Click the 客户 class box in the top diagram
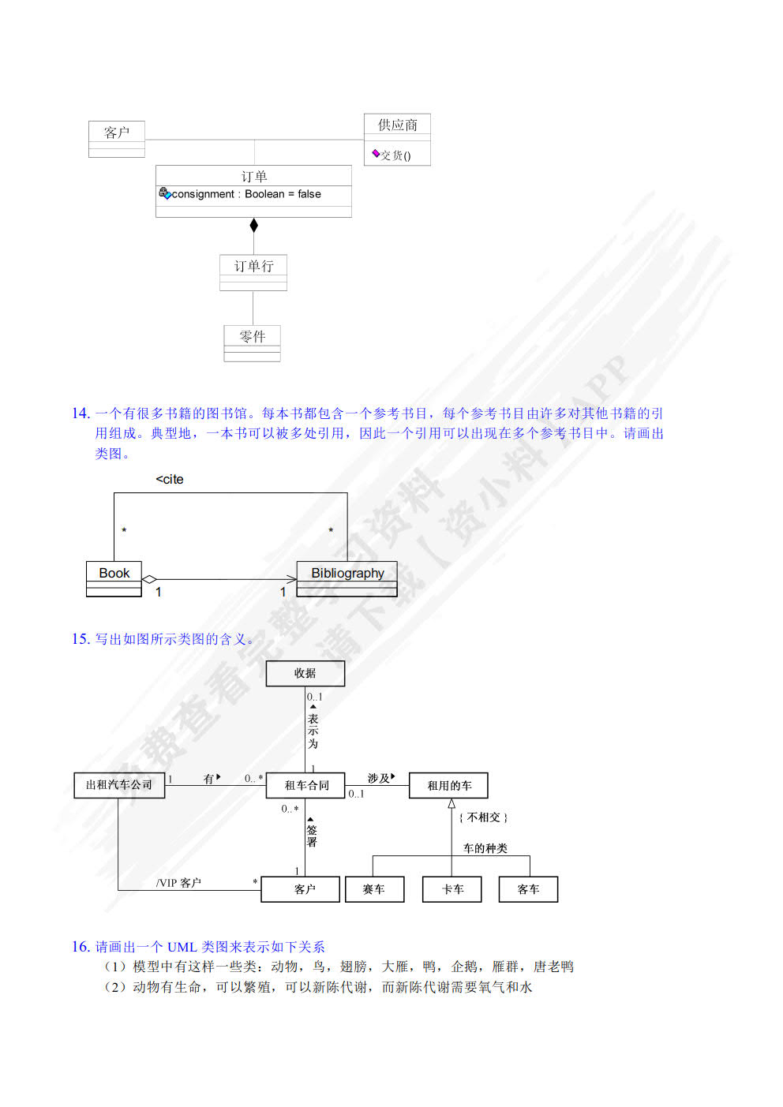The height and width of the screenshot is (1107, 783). [x=117, y=139]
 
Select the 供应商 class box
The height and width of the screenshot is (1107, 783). [x=397, y=139]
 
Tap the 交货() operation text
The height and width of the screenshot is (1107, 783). [x=395, y=155]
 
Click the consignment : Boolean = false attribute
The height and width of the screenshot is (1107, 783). [x=245, y=194]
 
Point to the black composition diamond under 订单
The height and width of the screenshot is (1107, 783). [x=253, y=226]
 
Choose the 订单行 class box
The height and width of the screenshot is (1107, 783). [x=253, y=272]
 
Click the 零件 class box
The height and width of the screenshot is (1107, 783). [x=252, y=343]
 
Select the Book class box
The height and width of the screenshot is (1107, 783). [x=114, y=578]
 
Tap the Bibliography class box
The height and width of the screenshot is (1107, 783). [x=347, y=578]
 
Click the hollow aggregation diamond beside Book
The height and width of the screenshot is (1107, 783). [x=149, y=579]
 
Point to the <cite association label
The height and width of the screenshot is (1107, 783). [x=170, y=479]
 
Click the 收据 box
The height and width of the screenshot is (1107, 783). [x=305, y=673]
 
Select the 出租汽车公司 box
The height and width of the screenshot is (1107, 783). [x=119, y=785]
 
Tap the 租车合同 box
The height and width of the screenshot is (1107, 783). [x=306, y=785]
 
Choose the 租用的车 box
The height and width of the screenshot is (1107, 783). [x=448, y=785]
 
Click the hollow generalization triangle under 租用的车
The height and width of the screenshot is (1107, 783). [x=451, y=803]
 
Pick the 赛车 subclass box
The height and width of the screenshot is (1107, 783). [x=374, y=889]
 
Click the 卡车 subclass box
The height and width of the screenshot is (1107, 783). [x=452, y=889]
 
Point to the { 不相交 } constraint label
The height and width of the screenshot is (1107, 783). [x=483, y=817]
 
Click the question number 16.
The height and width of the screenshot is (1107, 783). [x=81, y=946]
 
